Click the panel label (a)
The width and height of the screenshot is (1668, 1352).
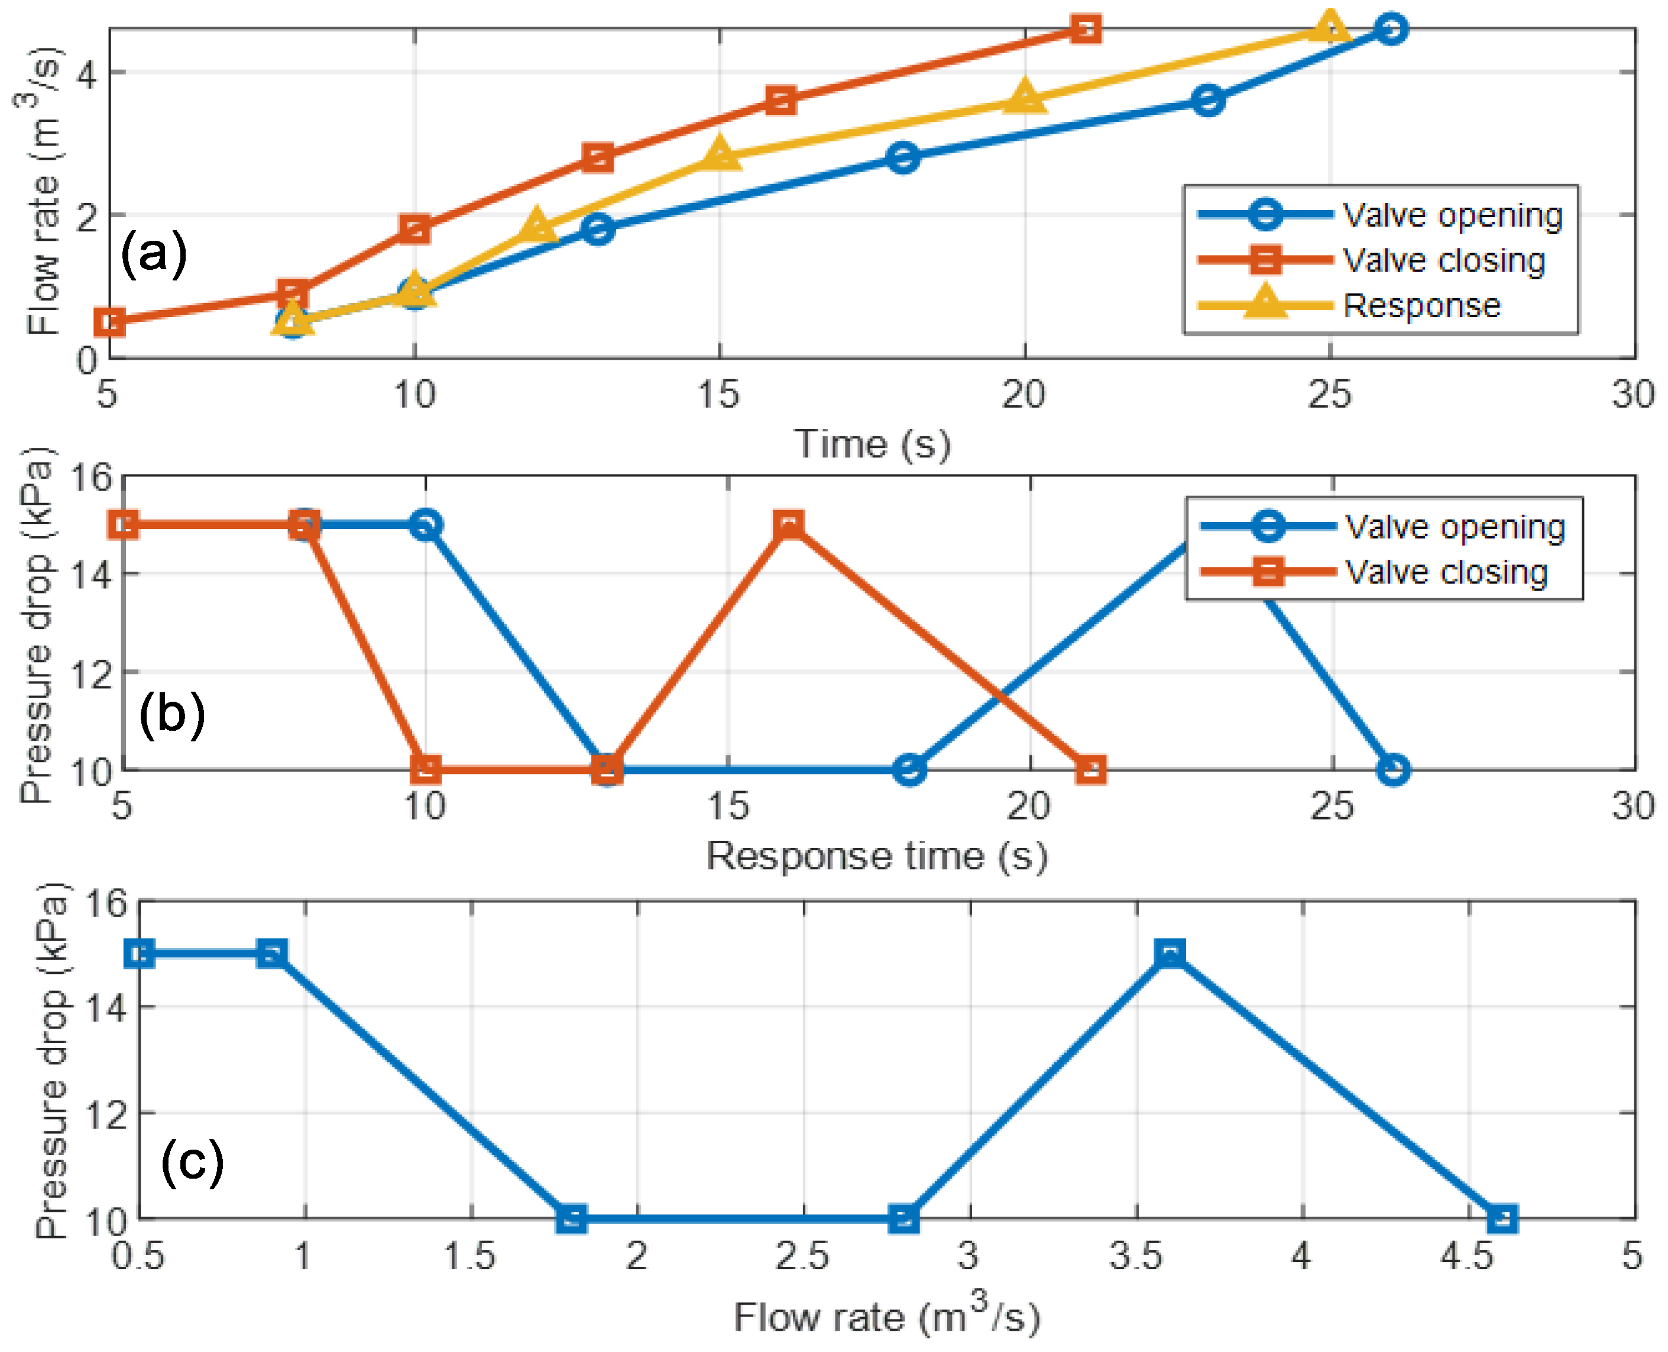153,253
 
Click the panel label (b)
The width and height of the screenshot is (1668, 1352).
172,714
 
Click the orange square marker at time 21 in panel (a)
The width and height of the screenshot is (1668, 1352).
1085,30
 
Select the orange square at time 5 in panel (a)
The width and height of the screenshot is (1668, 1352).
111,322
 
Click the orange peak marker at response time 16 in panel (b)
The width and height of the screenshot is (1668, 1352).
789,525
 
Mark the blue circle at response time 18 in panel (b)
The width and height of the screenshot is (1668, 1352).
909,770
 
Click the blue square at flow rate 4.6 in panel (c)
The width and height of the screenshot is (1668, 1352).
1502,1219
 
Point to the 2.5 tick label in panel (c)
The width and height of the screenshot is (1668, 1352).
802,1256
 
